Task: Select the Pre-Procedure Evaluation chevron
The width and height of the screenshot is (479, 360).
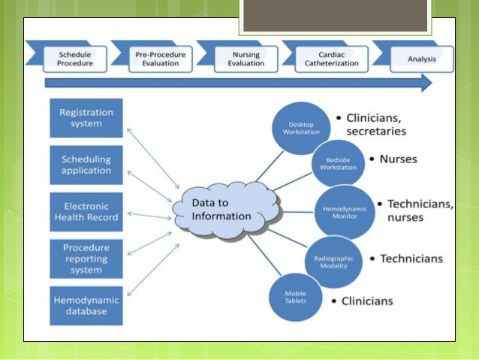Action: (159, 59)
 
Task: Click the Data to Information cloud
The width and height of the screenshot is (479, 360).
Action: (221, 210)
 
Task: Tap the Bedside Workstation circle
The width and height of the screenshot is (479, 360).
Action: (339, 165)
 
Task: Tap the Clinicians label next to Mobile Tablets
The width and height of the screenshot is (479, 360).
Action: (367, 301)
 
